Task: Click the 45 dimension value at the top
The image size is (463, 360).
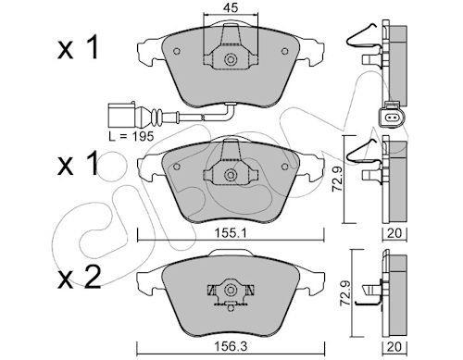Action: pyautogui.click(x=231, y=7)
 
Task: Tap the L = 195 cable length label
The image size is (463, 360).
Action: pyautogui.click(x=131, y=136)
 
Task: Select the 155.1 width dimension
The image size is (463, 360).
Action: pyautogui.click(x=231, y=233)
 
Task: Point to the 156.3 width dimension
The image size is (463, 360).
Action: pyautogui.click(x=231, y=347)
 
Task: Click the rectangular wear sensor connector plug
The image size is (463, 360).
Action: pyautogui.click(x=121, y=115)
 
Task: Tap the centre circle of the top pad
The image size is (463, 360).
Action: pyautogui.click(x=230, y=59)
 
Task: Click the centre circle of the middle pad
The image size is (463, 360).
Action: pyautogui.click(x=230, y=175)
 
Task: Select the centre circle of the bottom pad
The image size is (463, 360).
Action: pyautogui.click(x=230, y=291)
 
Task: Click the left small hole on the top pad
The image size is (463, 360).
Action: pyautogui.click(x=177, y=51)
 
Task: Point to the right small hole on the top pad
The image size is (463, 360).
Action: pyautogui.click(x=284, y=51)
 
